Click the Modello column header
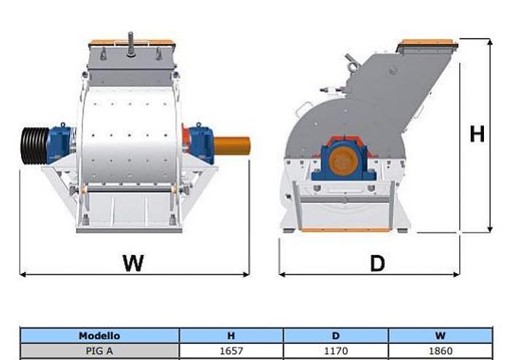click(99, 336)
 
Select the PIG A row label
click(99, 351)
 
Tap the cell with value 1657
click(231, 351)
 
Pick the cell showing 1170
click(335, 351)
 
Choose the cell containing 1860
click(440, 351)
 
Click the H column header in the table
click(231, 336)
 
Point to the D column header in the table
click(335, 336)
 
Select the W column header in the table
click(440, 336)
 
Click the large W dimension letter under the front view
click(133, 263)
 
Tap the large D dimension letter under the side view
click(377, 263)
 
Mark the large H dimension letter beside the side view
click(477, 134)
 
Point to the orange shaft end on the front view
click(232, 145)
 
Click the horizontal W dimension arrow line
click(73, 274)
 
